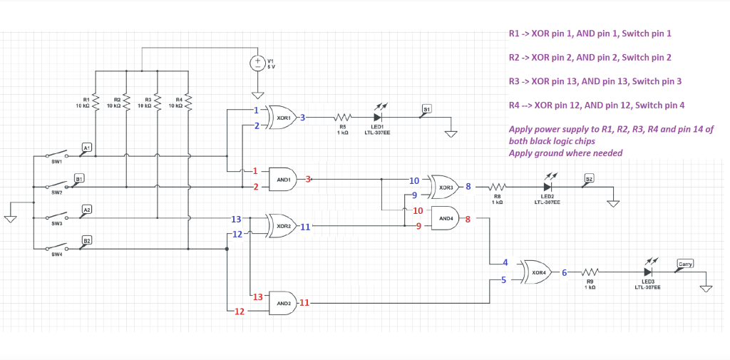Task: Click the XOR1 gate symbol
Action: pos(282,117)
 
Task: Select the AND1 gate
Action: pos(283,180)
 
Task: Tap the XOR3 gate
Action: pos(446,187)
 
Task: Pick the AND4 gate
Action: pos(446,219)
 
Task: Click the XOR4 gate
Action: pos(539,272)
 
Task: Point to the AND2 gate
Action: pos(283,303)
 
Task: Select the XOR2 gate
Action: pos(282,226)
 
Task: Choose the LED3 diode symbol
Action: pos(647,272)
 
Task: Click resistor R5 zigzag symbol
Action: pos(343,118)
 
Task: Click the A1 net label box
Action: pos(86,148)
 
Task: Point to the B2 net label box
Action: pos(86,241)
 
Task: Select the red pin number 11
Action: pos(304,303)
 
